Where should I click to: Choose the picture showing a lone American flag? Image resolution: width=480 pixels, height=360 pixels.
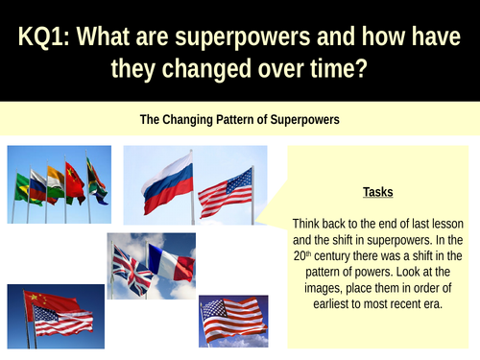pos(233,321)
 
